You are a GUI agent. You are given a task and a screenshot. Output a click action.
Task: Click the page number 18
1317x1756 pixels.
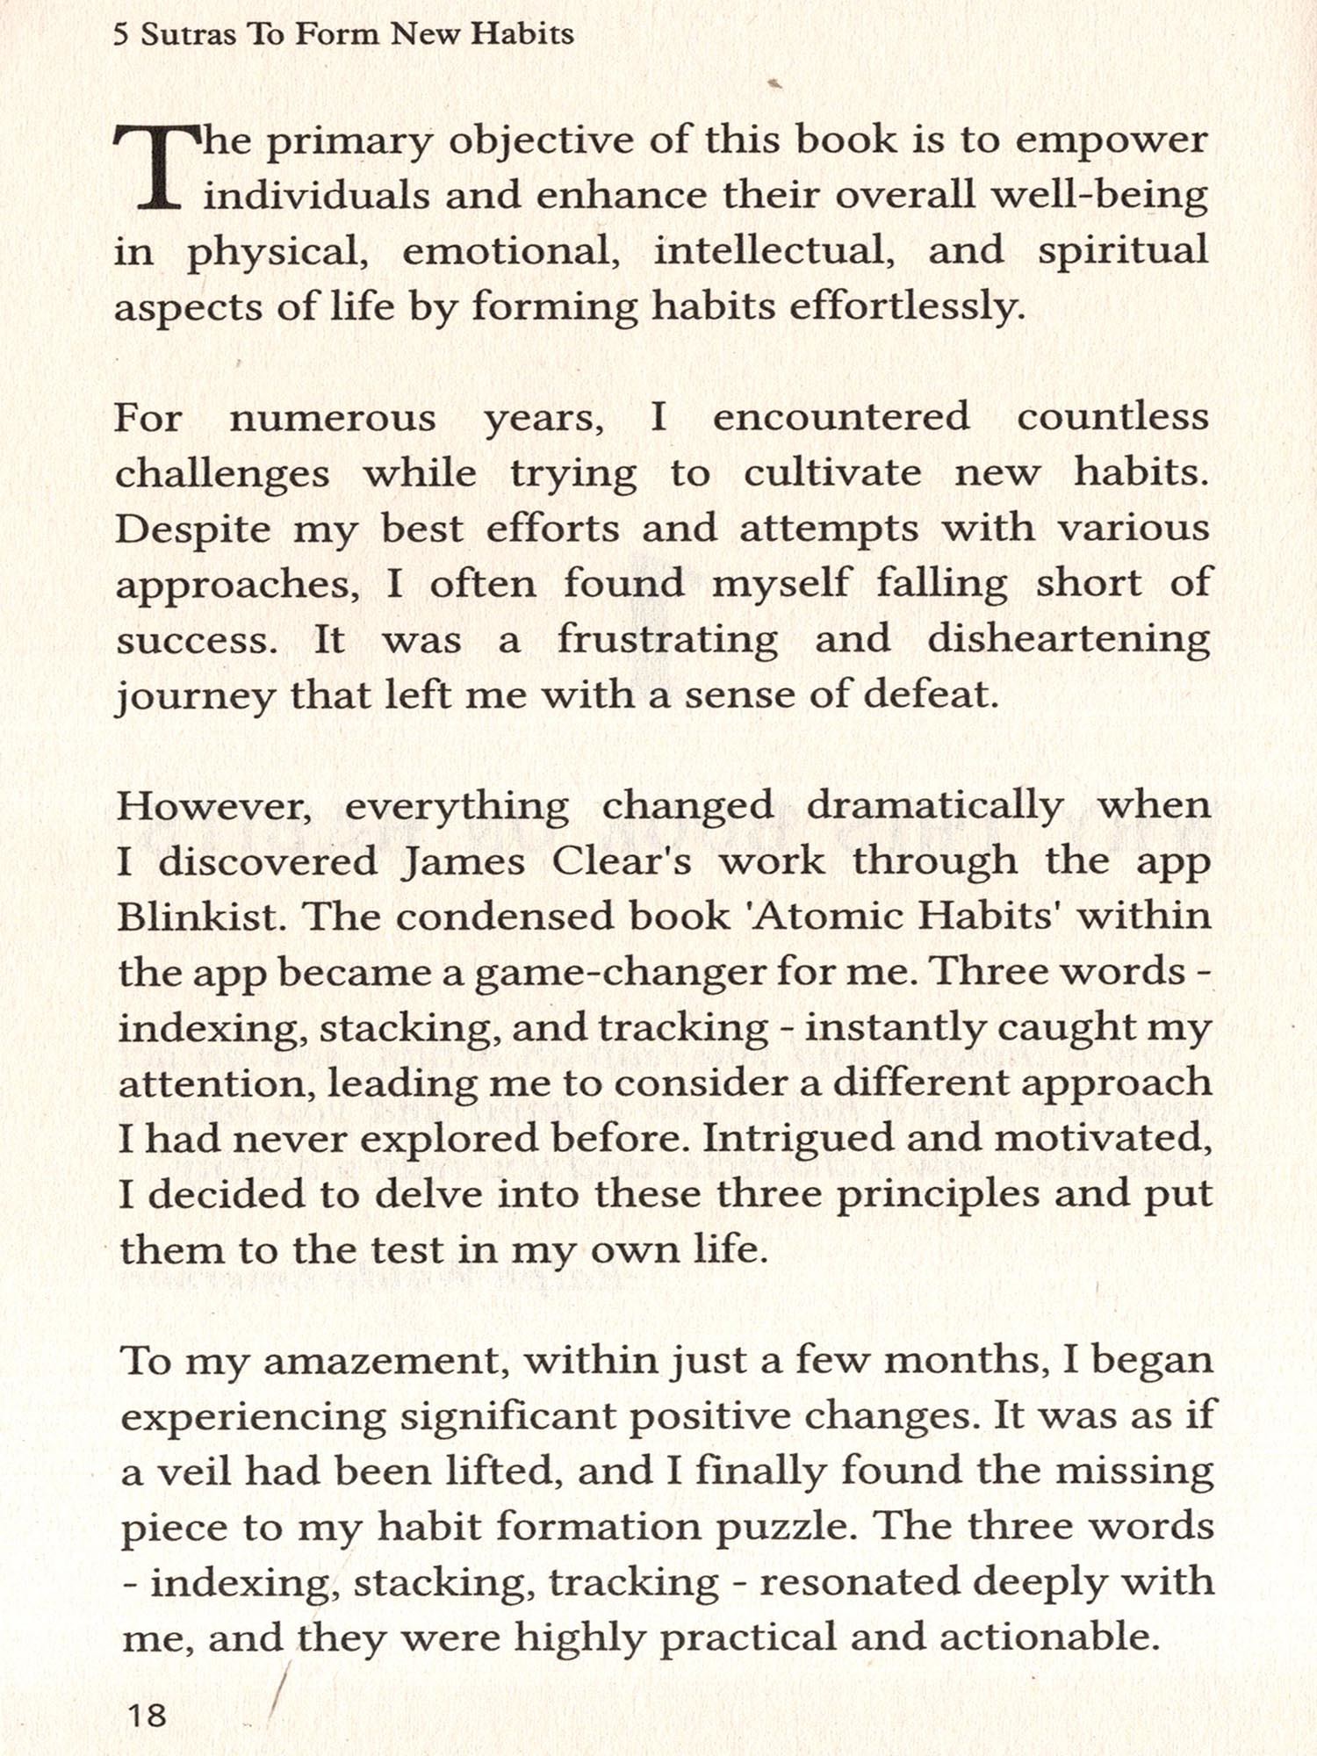coord(147,1714)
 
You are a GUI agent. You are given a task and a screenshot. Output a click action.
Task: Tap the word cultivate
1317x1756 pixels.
coord(832,474)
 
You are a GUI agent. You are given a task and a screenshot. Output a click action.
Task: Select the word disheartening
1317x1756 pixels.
coord(1069,639)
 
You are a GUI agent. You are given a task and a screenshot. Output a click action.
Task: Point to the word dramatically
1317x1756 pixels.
coord(934,806)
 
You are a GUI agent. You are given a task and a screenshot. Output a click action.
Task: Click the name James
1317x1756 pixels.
coord(464,862)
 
